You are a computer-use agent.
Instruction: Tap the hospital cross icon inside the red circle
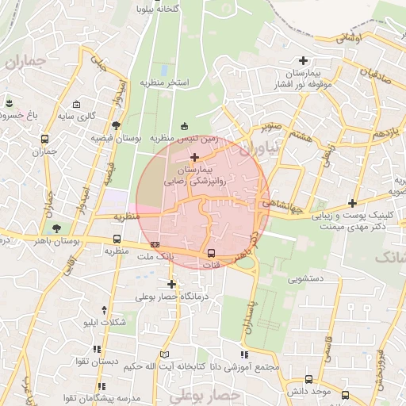[194, 156]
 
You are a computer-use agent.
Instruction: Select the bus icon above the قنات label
[211, 253]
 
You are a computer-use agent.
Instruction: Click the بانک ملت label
[154, 258]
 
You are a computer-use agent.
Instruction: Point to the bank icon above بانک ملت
[155, 245]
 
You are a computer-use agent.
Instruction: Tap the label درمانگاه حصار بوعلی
[171, 297]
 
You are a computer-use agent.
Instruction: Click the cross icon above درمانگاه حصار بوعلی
[171, 283]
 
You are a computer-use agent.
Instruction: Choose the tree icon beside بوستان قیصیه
[117, 124]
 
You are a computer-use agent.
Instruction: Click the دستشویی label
[296, 278]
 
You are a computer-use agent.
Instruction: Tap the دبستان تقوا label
[98, 361]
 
